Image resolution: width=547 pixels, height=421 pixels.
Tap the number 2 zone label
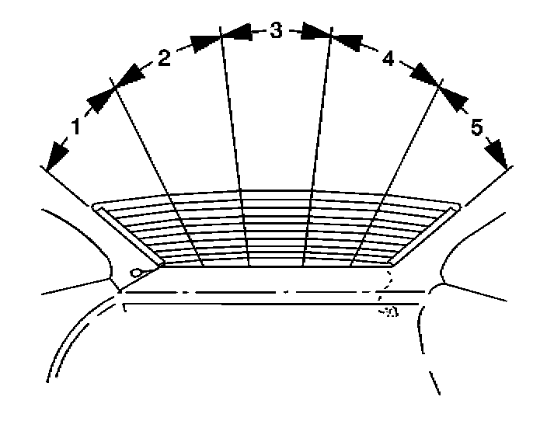(x=164, y=60)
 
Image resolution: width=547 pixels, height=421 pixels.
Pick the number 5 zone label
(x=477, y=127)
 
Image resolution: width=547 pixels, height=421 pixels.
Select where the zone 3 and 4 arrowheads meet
(x=331, y=36)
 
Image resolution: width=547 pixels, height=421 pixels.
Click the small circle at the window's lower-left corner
(x=136, y=273)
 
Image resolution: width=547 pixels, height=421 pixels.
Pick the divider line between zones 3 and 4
(x=319, y=155)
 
